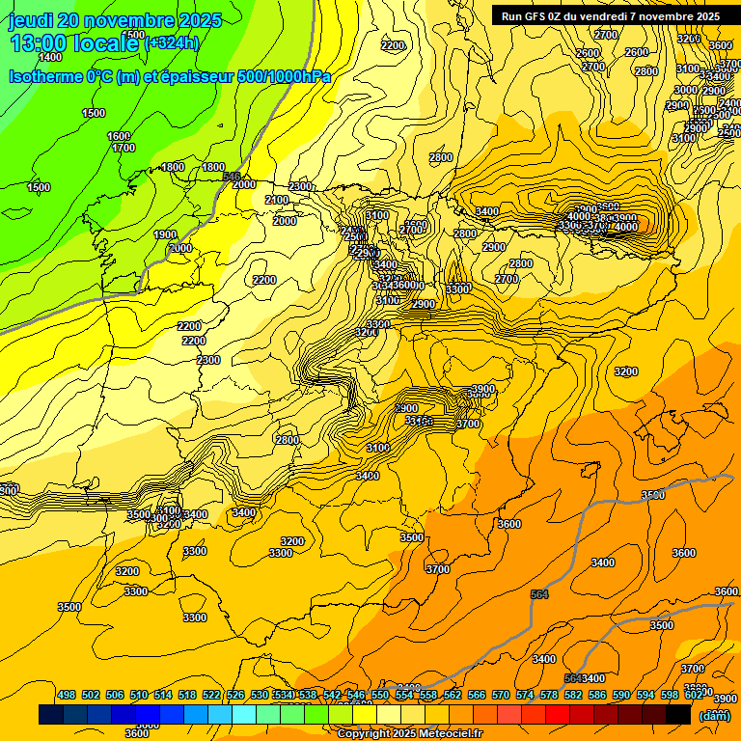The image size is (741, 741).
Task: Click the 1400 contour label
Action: coord(49,57)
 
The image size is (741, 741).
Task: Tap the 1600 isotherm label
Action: coord(119,136)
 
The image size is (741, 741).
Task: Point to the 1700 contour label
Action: coord(123,149)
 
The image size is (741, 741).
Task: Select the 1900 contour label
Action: coord(165,234)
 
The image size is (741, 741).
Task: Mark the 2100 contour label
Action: coord(277,200)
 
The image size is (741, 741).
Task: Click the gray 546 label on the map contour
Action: coord(232,177)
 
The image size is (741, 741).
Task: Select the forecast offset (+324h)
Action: coord(172,43)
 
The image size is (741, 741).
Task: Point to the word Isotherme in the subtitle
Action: coord(44,76)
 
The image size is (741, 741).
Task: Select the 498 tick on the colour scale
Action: coord(67,695)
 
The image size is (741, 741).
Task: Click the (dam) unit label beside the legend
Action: coord(714,715)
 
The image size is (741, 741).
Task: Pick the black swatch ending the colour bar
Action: coord(678,714)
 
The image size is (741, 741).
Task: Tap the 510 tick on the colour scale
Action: coord(139,695)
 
